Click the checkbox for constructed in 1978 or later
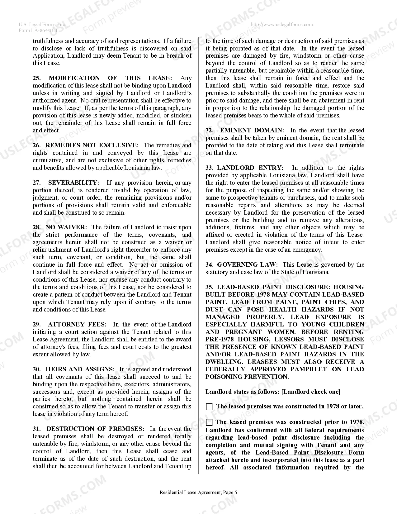click(x=209, y=407)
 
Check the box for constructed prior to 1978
click(x=209, y=422)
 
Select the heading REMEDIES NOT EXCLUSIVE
click(x=92, y=145)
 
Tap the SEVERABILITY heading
click(x=73, y=183)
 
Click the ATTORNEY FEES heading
click(x=77, y=325)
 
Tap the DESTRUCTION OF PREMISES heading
click(x=95, y=429)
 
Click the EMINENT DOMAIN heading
click(x=252, y=131)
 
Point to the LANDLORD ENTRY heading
click(x=250, y=168)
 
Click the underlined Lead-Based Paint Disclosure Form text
click(x=310, y=453)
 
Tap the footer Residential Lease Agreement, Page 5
click(x=198, y=493)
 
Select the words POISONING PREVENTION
click(x=247, y=377)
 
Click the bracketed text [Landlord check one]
click(x=310, y=392)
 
